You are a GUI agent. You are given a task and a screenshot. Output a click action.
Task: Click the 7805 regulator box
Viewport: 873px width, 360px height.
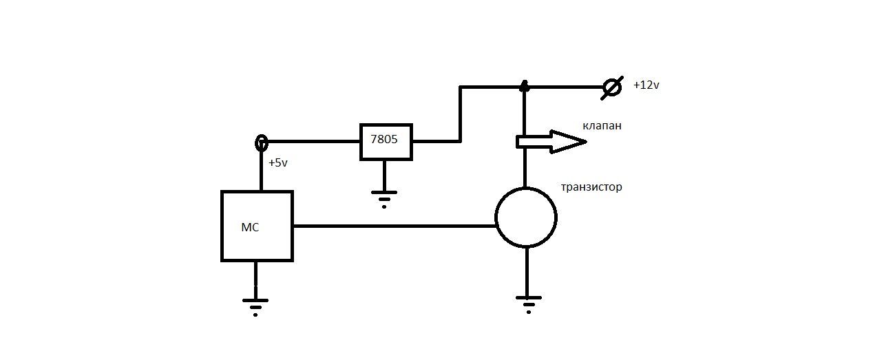[x=386, y=142]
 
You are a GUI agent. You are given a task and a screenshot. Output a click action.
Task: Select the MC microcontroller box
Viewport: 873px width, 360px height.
[x=257, y=226]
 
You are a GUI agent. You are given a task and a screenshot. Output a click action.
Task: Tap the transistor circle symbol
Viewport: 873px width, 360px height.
[x=526, y=218]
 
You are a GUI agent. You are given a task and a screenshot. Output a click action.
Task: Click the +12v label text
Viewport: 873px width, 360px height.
[x=646, y=86]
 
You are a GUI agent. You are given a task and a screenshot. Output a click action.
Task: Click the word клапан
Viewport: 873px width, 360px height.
[x=602, y=126]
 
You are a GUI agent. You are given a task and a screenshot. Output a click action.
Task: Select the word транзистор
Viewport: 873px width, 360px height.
[x=591, y=187]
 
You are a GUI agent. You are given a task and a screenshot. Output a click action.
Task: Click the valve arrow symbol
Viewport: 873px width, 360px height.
[x=551, y=142]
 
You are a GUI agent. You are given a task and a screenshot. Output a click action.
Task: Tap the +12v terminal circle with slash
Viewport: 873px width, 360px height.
[x=611, y=87]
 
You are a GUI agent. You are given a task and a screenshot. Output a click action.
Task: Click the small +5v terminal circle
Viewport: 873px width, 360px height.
[x=262, y=142]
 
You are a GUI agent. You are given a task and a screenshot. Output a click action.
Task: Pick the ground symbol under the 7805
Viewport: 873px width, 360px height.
[x=384, y=197]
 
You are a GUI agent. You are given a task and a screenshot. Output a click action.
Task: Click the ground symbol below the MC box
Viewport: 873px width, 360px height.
[x=255, y=305]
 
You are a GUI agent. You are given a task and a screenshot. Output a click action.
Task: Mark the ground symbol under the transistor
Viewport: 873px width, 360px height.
[x=528, y=303]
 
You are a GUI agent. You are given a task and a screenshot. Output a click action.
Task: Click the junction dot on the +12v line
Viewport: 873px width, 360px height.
[x=524, y=87]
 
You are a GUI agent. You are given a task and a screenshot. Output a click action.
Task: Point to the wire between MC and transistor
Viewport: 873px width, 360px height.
[x=392, y=226]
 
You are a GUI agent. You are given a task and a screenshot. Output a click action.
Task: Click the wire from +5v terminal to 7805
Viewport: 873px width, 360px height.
[x=313, y=142]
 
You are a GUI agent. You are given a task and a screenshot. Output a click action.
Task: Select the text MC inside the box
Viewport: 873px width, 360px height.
[x=250, y=228]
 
